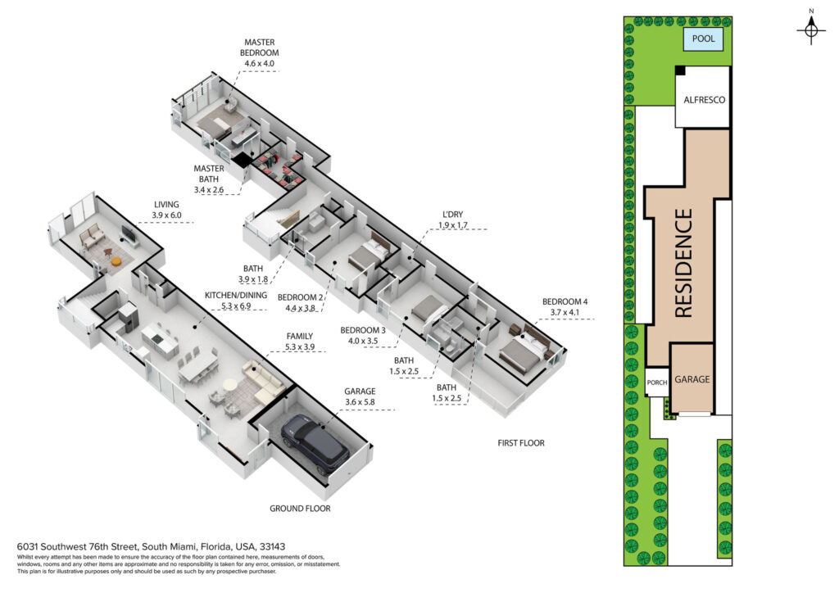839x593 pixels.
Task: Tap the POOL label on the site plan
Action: tap(703, 38)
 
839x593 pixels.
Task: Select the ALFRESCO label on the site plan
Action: tap(704, 100)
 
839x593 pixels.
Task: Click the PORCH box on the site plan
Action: tap(657, 382)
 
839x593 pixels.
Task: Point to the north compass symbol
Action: tap(811, 29)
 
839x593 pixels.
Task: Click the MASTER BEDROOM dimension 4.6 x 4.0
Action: tap(259, 63)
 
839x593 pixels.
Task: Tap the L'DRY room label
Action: tap(452, 215)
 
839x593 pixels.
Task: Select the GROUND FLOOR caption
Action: tap(300, 509)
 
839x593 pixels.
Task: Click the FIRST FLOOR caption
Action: tap(520, 443)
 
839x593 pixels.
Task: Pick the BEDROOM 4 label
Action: tap(565, 301)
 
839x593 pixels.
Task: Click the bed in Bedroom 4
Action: tap(522, 351)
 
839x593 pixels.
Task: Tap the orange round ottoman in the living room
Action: tap(116, 261)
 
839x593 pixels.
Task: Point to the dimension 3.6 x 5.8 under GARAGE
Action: tap(360, 402)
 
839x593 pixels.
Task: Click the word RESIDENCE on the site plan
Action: tap(683, 263)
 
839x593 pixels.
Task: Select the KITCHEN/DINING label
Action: tap(235, 295)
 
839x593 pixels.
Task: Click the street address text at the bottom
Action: tap(151, 546)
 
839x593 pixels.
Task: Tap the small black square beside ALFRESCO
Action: tap(680, 70)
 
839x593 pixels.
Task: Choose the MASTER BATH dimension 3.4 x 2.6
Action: tap(209, 190)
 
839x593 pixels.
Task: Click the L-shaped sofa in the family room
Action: tap(263, 382)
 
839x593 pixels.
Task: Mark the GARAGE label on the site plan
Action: tap(692, 379)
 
